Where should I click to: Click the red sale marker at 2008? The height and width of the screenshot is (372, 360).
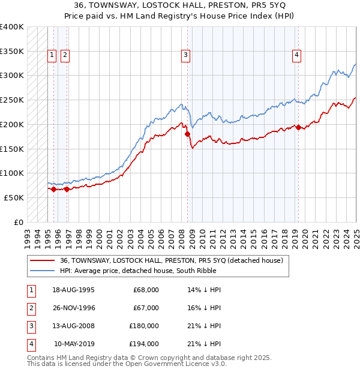pos(187,134)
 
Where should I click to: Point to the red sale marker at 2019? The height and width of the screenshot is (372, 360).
pos(299,127)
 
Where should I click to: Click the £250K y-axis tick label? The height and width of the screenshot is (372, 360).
pos(12,100)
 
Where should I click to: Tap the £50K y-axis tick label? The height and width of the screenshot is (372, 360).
pos(14,197)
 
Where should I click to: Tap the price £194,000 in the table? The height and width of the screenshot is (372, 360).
pos(144,344)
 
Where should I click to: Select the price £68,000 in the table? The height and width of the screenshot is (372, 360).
pos(146,290)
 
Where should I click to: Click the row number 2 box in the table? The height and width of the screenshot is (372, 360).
pos(31,308)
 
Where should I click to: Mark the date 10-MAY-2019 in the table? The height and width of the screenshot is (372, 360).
pos(74,344)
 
